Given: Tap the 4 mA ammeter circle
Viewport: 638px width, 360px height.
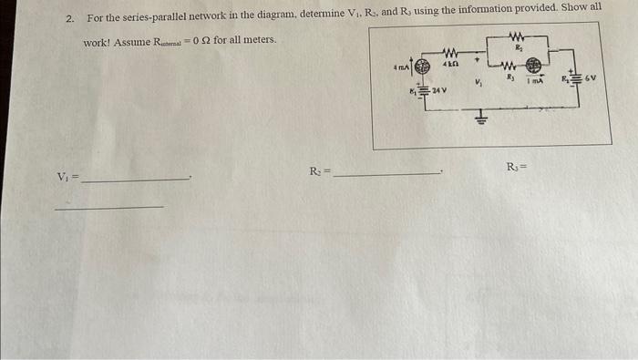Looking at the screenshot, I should click(x=421, y=67).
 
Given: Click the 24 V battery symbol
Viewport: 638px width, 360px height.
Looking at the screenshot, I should click(x=423, y=91).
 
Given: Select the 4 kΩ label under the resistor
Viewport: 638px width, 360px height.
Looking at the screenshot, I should click(x=449, y=66).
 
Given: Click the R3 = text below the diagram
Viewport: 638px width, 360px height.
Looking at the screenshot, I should click(x=516, y=168).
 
